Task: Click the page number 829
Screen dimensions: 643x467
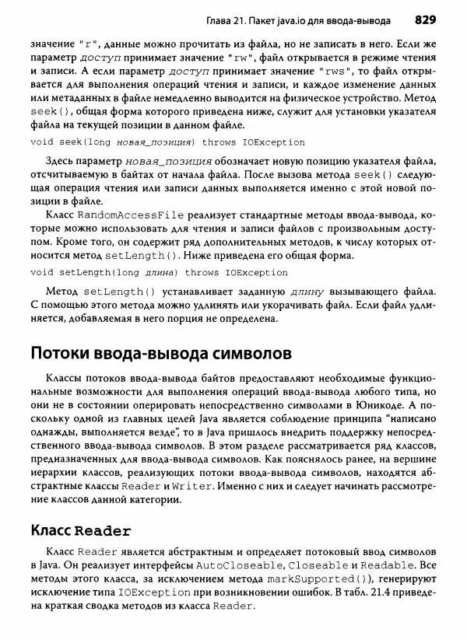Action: [429, 18]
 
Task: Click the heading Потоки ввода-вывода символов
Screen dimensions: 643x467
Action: [161, 353]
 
